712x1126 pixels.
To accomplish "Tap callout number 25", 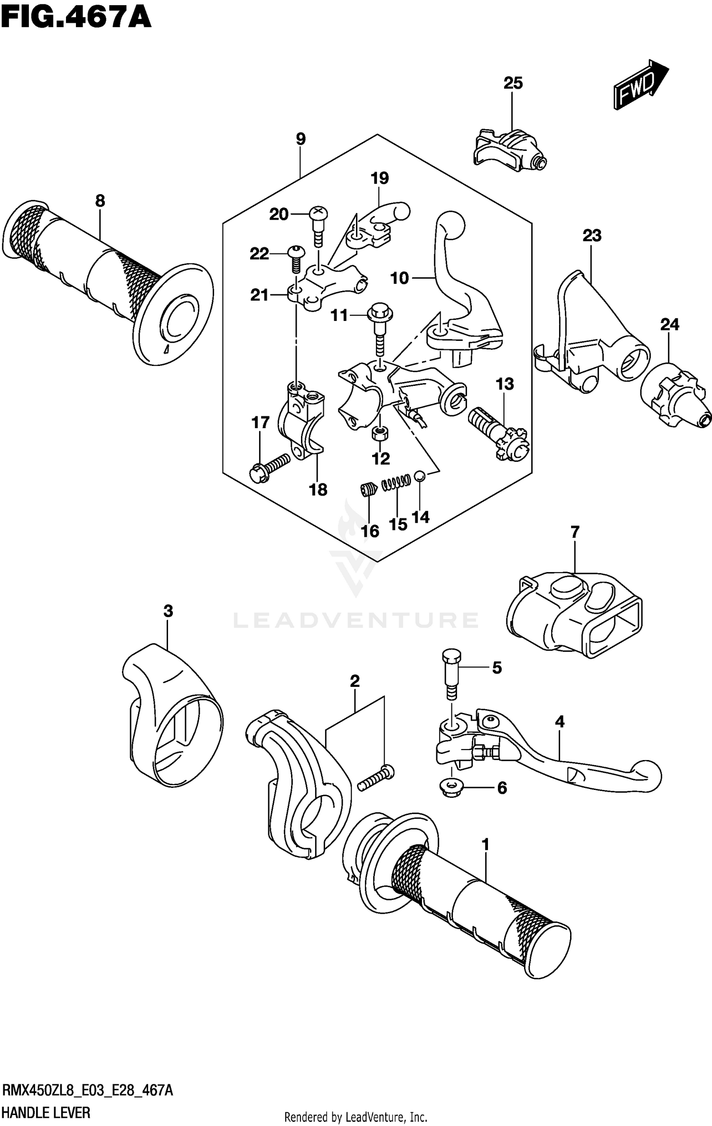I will pyautogui.click(x=513, y=83).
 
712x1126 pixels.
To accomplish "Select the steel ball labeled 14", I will pyautogui.click(x=419, y=475).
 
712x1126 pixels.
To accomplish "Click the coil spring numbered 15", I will pyautogui.click(x=396, y=482).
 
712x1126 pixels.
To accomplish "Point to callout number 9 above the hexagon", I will pyautogui.click(x=300, y=139).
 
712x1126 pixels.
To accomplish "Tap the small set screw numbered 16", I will pyautogui.click(x=367, y=489).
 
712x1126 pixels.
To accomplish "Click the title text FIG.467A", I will pyautogui.click(x=76, y=18).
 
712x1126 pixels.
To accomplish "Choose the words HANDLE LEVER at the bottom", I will pyautogui.click(x=46, y=1112).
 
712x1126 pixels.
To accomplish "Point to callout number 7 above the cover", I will pyautogui.click(x=575, y=532).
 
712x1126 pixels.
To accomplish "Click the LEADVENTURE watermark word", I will pyautogui.click(x=356, y=620).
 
